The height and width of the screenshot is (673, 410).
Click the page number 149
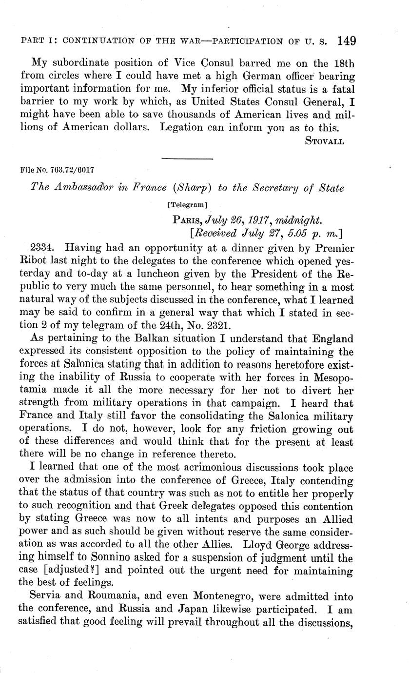pyautogui.click(x=346, y=40)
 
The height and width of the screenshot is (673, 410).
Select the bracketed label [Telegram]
pyautogui.click(x=187, y=205)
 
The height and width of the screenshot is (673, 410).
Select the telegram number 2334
pyautogui.click(x=42, y=249)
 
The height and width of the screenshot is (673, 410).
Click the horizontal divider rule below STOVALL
pyautogui.click(x=187, y=158)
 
